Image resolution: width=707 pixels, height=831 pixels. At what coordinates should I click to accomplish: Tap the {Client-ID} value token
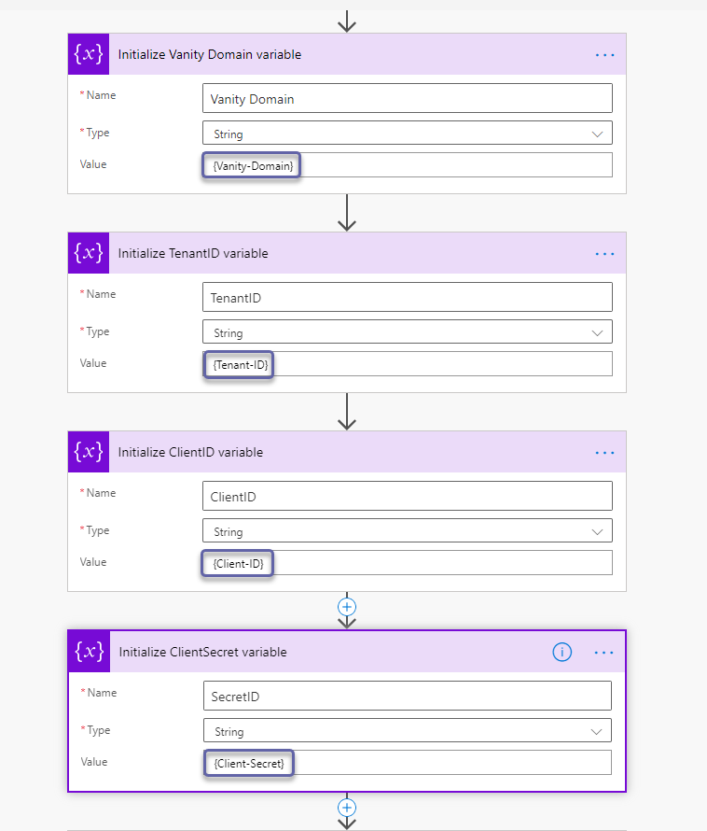tap(238, 564)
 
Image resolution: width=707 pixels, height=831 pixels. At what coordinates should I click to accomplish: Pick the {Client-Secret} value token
tap(249, 764)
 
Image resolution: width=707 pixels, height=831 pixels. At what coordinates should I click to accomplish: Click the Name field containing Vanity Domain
tap(407, 99)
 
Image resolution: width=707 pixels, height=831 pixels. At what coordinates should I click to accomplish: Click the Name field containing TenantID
tap(407, 298)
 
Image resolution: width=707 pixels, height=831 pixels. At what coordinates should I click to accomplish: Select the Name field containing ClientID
tap(407, 497)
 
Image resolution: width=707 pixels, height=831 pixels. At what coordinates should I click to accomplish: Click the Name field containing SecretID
tap(407, 696)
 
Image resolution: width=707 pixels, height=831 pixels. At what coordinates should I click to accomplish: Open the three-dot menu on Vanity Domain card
tap(605, 55)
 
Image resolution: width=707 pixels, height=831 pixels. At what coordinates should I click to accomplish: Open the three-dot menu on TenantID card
tap(605, 254)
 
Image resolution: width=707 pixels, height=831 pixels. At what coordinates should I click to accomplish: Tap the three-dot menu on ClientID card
tap(605, 453)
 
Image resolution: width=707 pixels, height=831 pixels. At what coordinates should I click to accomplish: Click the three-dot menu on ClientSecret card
tap(604, 653)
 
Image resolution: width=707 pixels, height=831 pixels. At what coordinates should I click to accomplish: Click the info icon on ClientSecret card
tap(562, 653)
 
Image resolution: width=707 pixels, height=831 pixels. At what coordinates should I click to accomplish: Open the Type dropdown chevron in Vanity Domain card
tap(598, 134)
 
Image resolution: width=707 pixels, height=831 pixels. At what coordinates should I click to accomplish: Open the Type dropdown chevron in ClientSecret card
tap(597, 732)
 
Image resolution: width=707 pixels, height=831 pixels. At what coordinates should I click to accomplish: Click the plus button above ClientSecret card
tap(347, 606)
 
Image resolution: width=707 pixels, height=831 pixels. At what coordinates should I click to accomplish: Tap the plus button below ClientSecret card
tap(347, 807)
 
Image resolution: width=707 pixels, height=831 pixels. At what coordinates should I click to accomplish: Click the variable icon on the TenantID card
tap(89, 253)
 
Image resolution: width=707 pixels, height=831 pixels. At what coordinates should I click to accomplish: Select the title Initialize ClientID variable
tap(190, 453)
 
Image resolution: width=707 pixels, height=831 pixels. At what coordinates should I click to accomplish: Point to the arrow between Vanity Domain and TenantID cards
tap(347, 213)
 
